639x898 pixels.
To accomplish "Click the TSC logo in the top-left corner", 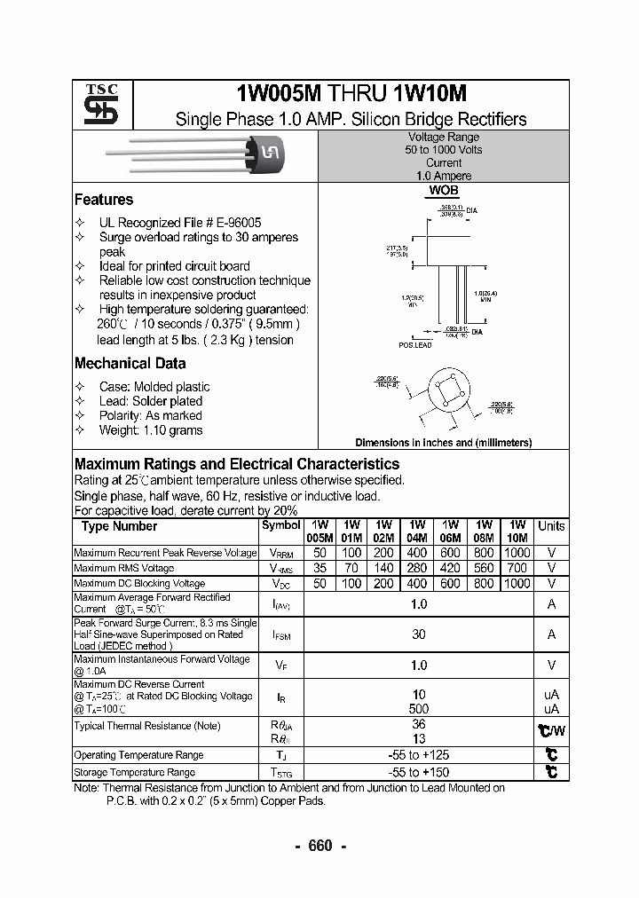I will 95,106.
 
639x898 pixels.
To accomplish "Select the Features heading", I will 104,200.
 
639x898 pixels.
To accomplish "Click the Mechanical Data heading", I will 130,363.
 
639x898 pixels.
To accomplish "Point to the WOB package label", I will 443,191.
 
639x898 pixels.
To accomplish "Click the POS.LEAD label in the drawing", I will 415,345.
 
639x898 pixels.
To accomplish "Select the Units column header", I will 551,526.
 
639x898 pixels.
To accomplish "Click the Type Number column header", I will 119,526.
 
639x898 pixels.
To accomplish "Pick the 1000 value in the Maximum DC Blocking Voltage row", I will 518,583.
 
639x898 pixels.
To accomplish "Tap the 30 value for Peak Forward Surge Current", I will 418,634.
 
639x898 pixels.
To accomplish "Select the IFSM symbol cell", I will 281,635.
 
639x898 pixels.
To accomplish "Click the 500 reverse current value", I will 418,709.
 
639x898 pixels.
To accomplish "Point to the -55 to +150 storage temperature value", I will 418,772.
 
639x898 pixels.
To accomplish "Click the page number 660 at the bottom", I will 319,846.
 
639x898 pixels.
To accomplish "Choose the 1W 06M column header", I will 451,532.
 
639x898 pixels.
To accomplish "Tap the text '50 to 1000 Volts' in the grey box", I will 444,150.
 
